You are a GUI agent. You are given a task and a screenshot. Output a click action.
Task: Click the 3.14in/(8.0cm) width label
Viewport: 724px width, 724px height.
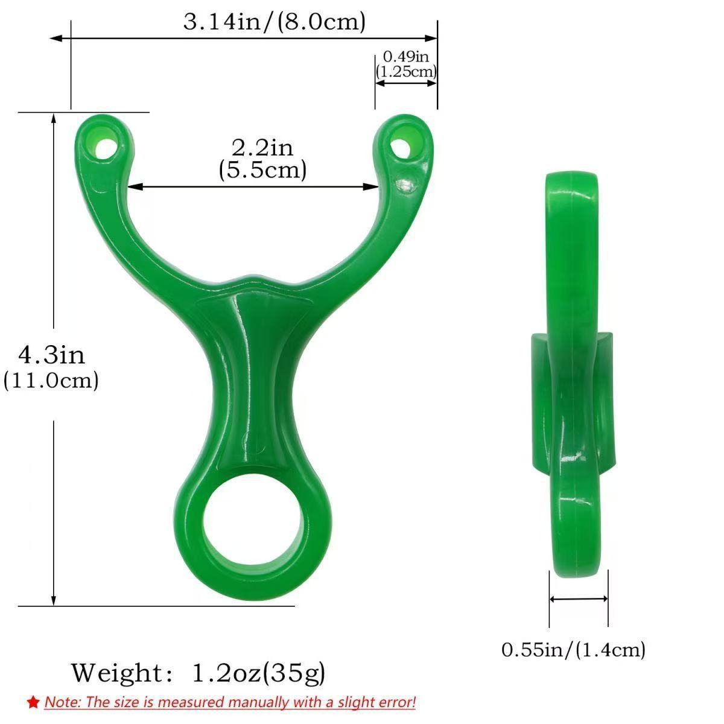click(x=275, y=22)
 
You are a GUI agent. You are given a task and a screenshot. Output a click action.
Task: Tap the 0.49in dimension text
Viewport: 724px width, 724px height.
click(x=406, y=57)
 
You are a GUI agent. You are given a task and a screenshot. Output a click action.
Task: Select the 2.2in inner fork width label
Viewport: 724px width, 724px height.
click(x=262, y=147)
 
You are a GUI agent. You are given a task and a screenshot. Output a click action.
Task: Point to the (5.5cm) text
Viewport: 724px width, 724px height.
click(x=262, y=170)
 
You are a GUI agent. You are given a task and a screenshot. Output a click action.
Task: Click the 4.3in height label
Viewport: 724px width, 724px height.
click(x=51, y=354)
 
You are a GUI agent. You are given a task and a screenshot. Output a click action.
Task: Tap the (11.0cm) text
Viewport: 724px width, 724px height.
click(x=51, y=381)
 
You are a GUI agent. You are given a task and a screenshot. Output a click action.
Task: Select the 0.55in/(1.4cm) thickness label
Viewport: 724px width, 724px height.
click(x=573, y=650)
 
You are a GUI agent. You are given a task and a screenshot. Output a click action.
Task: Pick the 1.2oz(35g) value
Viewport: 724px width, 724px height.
click(x=259, y=672)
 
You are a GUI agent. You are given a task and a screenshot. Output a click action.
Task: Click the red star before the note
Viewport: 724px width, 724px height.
click(x=33, y=702)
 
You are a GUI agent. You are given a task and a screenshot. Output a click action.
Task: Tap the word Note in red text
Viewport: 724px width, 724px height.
click(x=63, y=702)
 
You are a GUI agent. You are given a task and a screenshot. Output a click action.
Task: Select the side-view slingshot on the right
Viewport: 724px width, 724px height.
click(x=573, y=374)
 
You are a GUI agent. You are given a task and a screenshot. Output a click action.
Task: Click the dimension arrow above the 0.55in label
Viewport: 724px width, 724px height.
click(x=579, y=599)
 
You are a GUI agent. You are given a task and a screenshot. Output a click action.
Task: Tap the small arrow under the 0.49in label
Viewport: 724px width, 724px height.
click(x=406, y=83)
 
